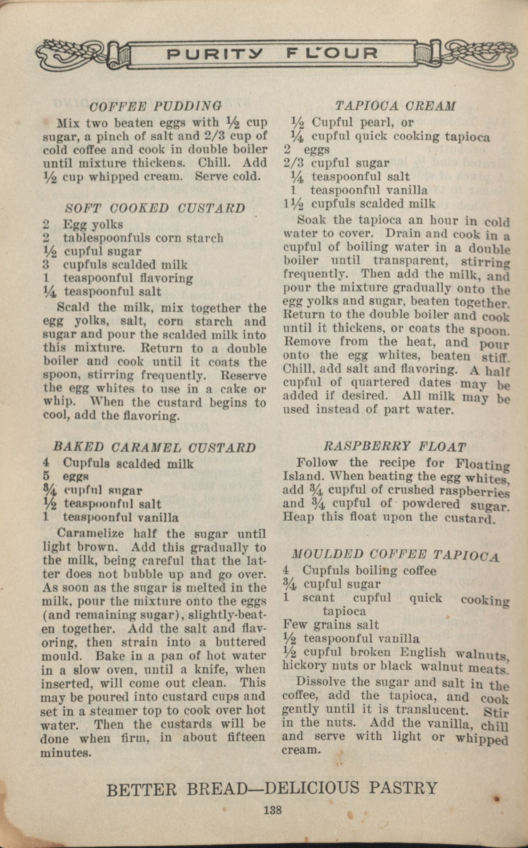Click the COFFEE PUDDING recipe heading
[155, 106]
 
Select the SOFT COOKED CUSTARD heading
[155, 208]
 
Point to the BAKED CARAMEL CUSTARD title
[154, 448]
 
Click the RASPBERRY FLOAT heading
[394, 446]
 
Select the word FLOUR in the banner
[332, 54]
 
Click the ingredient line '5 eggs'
[66, 477]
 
